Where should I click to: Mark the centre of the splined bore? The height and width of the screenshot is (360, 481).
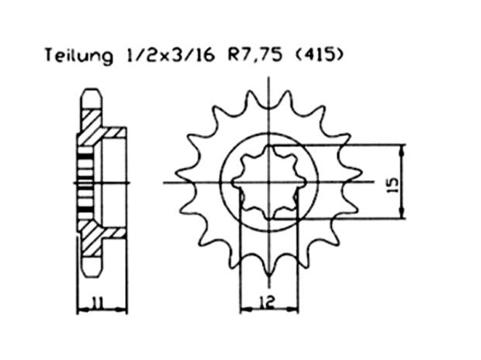(x=268, y=183)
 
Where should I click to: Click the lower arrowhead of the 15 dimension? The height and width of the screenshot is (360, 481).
(x=403, y=215)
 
